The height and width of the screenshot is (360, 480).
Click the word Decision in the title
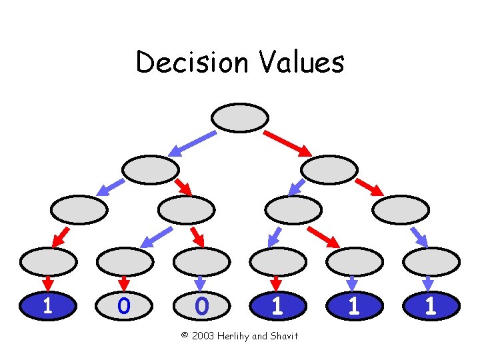190,63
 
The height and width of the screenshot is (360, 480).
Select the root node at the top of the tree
240,117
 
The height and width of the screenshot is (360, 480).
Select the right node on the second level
329,170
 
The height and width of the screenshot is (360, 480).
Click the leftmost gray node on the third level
79,209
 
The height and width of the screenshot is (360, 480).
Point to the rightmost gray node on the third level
401,209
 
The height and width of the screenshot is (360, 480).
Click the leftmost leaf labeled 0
124,306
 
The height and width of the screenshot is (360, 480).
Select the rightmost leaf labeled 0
201,306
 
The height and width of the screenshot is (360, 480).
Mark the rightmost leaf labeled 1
431,306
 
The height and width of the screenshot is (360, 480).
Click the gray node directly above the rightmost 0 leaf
201,261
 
